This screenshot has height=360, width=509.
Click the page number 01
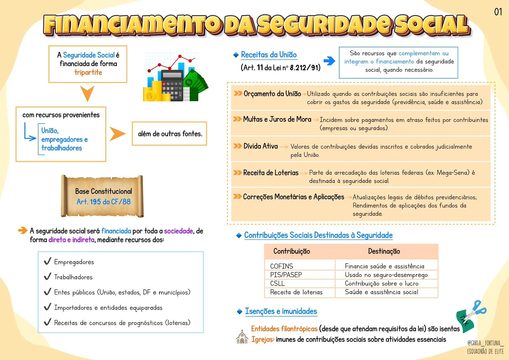(498, 12)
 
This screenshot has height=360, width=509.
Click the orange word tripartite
(88, 73)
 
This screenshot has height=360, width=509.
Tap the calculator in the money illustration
(172, 85)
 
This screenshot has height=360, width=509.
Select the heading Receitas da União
(269, 55)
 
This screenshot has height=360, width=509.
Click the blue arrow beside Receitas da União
(329, 61)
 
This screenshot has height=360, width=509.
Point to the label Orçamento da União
(272, 93)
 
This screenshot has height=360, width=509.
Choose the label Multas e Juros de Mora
(277, 119)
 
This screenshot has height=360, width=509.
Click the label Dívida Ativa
(261, 146)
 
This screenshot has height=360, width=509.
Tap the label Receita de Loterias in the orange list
(271, 173)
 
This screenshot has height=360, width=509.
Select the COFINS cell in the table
(282, 266)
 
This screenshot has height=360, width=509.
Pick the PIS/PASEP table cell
(286, 275)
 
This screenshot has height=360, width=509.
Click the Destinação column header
(384, 251)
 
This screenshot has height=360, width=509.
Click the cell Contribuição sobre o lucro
(382, 283)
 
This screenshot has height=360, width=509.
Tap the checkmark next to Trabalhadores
(47, 276)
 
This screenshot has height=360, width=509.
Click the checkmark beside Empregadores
(47, 261)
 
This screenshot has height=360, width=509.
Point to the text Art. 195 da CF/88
(104, 202)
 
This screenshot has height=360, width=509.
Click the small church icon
(242, 337)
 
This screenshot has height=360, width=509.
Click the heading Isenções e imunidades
(281, 311)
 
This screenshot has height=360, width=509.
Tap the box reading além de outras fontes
(170, 134)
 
